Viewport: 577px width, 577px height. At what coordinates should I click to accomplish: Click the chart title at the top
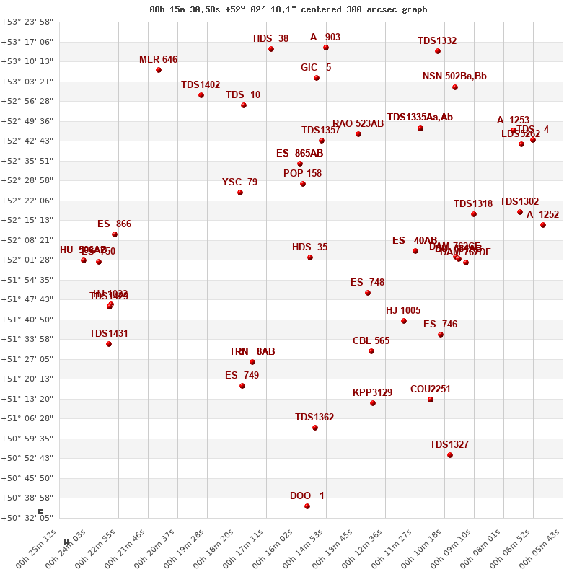[288, 9]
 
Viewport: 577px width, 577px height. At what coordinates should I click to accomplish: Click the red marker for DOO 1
[307, 506]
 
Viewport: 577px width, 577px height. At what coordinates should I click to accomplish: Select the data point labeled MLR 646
[159, 70]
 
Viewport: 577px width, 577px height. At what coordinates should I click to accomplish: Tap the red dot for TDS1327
[450, 455]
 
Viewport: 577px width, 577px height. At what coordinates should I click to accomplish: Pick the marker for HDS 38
[271, 49]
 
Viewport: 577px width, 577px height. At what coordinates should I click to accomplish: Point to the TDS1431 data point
[109, 344]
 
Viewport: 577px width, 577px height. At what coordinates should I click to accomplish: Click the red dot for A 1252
[543, 225]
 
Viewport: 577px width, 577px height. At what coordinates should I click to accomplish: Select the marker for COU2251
[431, 400]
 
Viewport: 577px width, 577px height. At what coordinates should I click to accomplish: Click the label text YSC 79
[239, 182]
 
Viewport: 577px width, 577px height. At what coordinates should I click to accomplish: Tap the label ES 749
[242, 376]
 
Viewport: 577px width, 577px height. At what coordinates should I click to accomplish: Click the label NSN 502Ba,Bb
[454, 76]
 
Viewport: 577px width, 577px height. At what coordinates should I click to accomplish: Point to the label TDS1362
[314, 418]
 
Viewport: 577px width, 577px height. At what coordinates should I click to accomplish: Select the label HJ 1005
[403, 311]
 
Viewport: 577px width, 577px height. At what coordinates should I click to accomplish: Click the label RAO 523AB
[358, 124]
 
